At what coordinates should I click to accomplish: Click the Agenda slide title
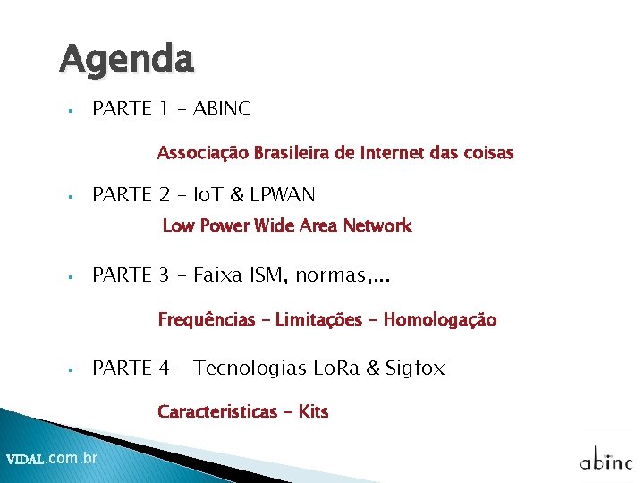[x=126, y=61]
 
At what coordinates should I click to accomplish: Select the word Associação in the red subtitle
[x=201, y=153]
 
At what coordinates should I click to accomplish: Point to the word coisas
[x=489, y=153]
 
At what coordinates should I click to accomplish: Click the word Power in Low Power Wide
[x=225, y=225]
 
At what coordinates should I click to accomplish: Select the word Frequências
[x=207, y=319]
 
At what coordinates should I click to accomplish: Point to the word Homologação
[x=439, y=319]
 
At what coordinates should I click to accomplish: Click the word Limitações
[x=318, y=319]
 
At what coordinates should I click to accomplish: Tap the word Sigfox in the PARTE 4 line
[x=415, y=368]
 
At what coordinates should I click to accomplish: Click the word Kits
[x=314, y=411]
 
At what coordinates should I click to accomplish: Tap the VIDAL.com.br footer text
[x=52, y=459]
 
